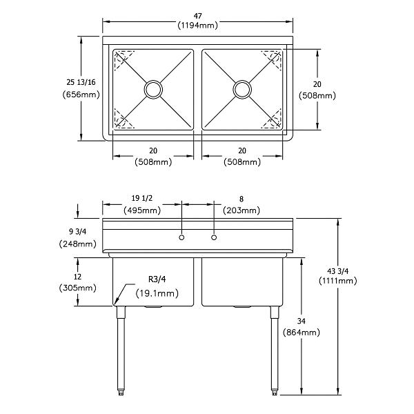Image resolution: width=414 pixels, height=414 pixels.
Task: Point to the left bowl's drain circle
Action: (152, 89)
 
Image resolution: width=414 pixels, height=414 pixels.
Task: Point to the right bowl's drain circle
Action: (241, 89)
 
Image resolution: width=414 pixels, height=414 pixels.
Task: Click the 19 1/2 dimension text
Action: (142, 198)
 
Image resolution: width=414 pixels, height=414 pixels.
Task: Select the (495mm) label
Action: (142, 210)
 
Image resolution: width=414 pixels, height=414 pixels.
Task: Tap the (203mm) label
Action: (241, 210)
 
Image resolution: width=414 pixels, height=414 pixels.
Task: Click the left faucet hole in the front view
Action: (181, 237)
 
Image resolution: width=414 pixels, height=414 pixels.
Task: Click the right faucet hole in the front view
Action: (214, 237)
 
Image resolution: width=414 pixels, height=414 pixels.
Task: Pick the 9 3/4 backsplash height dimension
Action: (77, 232)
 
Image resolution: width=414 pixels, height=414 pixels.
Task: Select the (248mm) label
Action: (77, 244)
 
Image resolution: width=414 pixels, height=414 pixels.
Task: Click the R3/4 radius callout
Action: (157, 280)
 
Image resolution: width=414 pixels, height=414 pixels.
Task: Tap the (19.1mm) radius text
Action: (157, 293)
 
